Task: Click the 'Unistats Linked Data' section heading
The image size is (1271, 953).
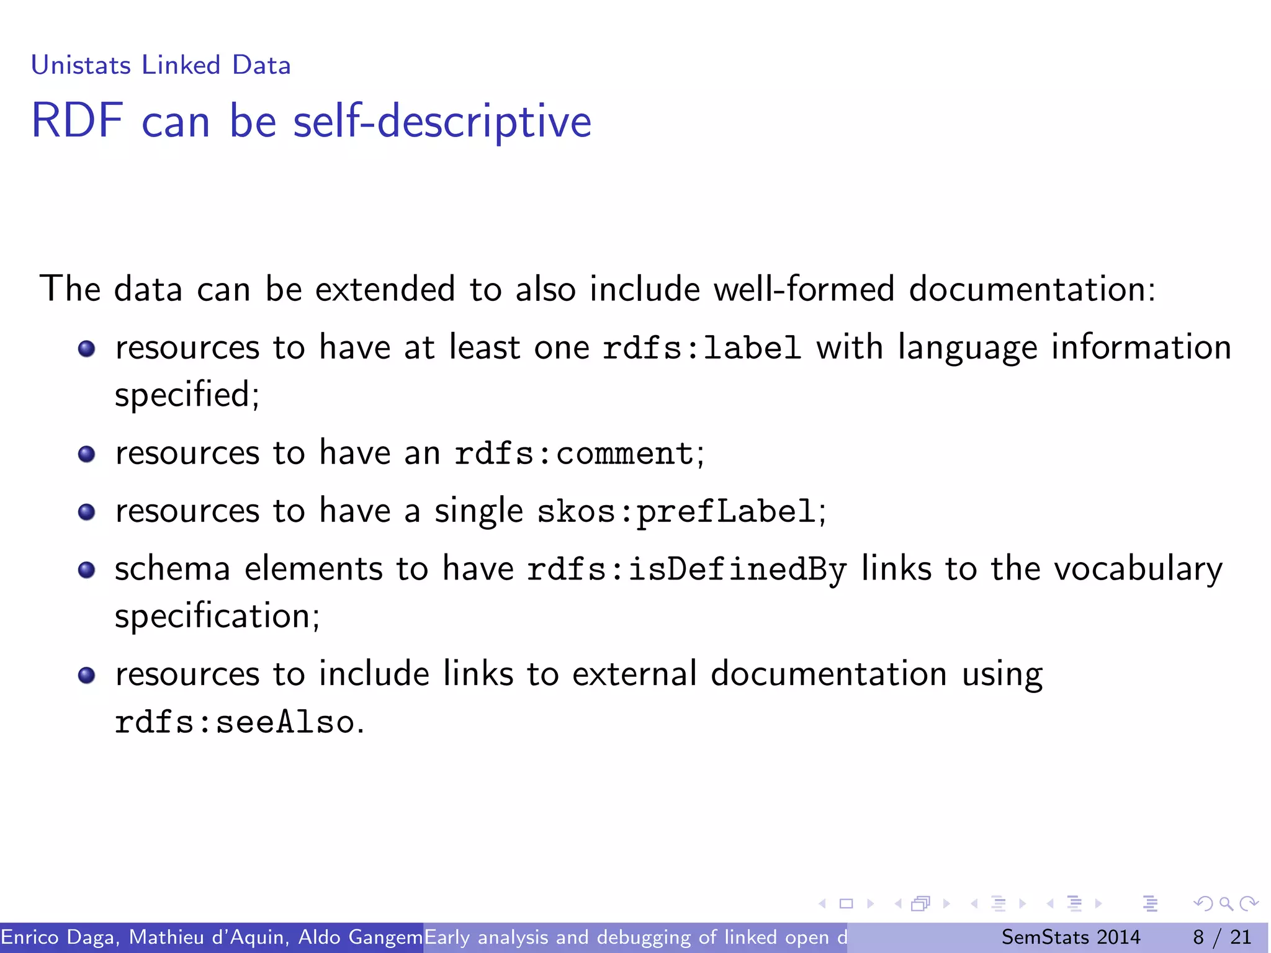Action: pos(161,65)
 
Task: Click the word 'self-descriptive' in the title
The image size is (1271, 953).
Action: pos(442,121)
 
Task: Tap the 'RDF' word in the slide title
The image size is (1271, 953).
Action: pos(77,121)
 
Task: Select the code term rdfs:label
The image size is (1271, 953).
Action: pos(701,348)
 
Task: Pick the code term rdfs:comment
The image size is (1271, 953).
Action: pos(574,454)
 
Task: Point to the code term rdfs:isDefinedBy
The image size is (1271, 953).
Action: pos(686,570)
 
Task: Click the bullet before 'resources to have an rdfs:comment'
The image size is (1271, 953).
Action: pos(87,454)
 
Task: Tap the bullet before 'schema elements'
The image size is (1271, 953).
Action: pos(87,570)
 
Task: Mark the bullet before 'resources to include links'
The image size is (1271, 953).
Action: pos(87,675)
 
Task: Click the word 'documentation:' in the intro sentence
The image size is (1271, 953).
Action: pos(1032,289)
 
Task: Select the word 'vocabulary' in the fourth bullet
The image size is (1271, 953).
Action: pos(1138,570)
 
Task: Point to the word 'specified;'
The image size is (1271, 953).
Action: pos(187,395)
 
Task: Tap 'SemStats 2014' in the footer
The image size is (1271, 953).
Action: pos(1071,937)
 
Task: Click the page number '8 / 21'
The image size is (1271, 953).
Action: pos(1222,937)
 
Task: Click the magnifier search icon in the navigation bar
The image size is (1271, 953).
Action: pos(1226,903)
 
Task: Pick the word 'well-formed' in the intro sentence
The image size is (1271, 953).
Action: pos(804,289)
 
